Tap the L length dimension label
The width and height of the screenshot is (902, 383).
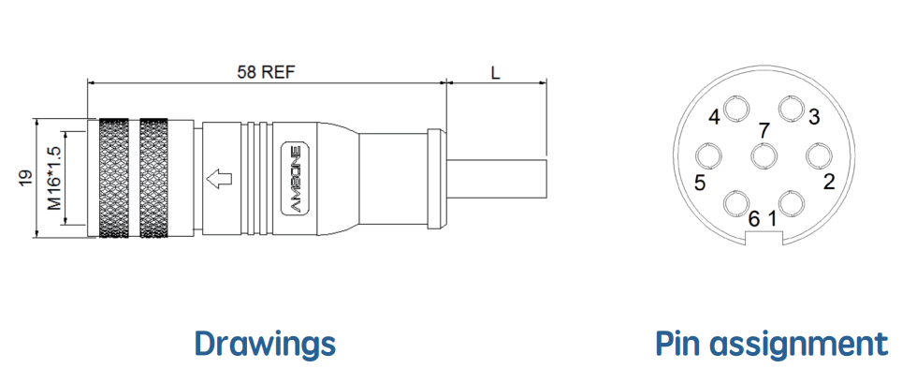[x=495, y=72]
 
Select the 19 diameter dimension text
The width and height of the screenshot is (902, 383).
[x=24, y=177]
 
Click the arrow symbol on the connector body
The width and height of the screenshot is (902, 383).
[x=219, y=179]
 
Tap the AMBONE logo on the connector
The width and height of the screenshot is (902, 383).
[x=298, y=179]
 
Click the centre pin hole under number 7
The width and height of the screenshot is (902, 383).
[x=764, y=155]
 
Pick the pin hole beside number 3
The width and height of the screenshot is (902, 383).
[x=792, y=109]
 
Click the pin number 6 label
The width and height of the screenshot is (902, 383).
[x=754, y=219]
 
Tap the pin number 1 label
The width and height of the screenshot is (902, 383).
[x=772, y=219]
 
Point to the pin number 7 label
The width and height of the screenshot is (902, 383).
[x=764, y=131]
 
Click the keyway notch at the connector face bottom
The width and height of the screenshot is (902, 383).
[x=764, y=238]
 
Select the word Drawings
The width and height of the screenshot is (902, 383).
[x=265, y=344]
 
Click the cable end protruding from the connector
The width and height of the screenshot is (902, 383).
[x=496, y=179]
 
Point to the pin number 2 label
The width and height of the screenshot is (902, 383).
[x=829, y=182]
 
